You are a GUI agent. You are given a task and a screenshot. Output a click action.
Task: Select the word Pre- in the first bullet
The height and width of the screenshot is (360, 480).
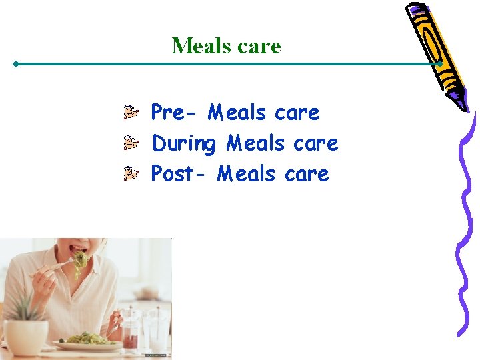click(175, 112)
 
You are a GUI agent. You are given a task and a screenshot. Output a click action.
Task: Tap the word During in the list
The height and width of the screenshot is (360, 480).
click(184, 143)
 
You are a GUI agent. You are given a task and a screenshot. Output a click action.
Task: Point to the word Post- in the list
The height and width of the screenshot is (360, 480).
click(180, 174)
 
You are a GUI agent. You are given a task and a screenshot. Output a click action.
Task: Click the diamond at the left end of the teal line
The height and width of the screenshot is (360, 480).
click(15, 65)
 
